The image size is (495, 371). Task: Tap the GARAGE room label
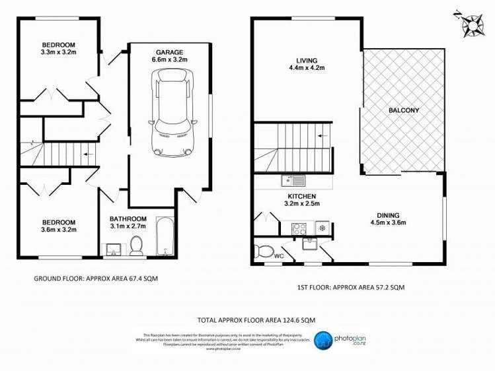click(169, 51)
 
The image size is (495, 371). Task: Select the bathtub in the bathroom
click(165, 237)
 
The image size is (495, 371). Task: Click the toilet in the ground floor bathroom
click(137, 246)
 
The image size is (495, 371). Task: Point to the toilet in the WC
click(264, 252)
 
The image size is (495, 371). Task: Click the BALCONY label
click(404, 110)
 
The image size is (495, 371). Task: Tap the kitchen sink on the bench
click(292, 180)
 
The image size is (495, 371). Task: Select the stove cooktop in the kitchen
click(299, 228)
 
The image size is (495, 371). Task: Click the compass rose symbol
click(471, 23)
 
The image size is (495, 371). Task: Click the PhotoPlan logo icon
click(323, 341)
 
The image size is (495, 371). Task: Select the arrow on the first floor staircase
click(323, 136)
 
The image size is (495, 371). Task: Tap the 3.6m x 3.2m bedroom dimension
click(59, 230)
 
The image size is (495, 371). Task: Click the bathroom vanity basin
click(112, 249)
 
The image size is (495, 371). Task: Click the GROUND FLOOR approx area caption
click(95, 279)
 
